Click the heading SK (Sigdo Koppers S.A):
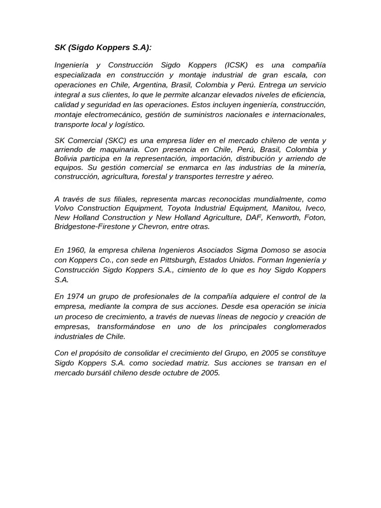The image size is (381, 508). [103, 48]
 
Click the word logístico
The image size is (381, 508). [127, 125]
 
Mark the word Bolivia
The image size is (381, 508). [66, 158]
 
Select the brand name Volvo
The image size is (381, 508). [65, 208]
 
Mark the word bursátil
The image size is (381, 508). [100, 373]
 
